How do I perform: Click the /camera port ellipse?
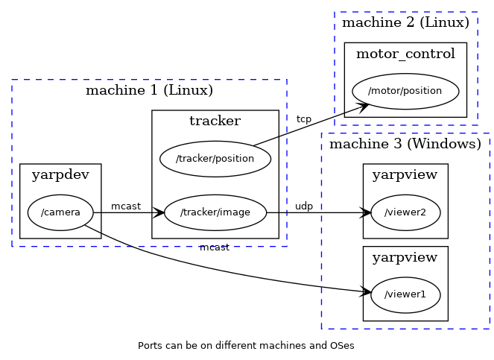(x=60, y=212)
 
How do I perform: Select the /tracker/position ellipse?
(x=215, y=159)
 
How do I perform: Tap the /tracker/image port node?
(x=215, y=212)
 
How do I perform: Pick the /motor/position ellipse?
(x=405, y=91)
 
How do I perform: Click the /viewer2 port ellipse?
(x=405, y=212)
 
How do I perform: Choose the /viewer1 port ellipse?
(x=405, y=294)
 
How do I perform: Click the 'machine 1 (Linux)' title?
(x=149, y=91)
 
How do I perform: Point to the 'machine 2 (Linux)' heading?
(x=405, y=23)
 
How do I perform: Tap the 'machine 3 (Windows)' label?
(x=405, y=144)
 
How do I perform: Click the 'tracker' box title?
(x=215, y=121)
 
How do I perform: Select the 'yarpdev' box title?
(x=60, y=175)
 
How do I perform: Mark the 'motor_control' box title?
(x=405, y=54)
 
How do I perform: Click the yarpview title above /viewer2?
(x=405, y=175)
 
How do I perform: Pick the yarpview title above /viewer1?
(x=405, y=257)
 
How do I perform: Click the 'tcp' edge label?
(x=304, y=119)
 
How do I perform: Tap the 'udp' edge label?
(x=304, y=206)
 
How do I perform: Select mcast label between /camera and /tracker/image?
(x=126, y=206)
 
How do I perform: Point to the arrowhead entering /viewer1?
(x=365, y=292)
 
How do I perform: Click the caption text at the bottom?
(x=246, y=346)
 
